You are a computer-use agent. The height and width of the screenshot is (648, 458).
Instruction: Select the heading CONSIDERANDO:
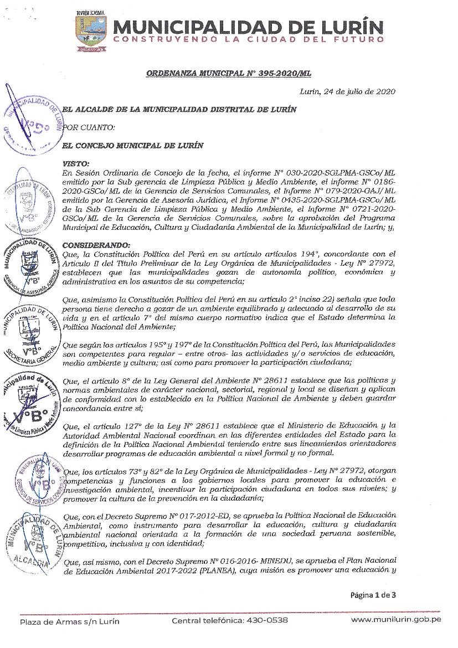[x=97, y=246]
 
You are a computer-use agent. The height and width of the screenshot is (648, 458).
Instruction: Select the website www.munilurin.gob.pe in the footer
[x=396, y=620]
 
